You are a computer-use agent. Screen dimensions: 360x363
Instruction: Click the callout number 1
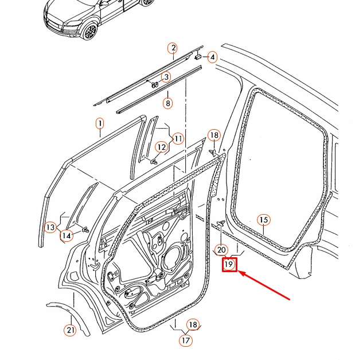(99, 123)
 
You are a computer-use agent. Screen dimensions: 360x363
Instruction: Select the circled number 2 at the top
(173, 48)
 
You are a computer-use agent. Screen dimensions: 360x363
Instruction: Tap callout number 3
(166, 77)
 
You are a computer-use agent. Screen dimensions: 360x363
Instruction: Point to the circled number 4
(212, 57)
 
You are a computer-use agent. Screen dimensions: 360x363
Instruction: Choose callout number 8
(167, 103)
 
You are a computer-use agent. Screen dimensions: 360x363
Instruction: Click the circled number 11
(178, 138)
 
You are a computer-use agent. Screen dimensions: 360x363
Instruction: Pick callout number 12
(162, 148)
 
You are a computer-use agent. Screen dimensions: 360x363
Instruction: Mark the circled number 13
(50, 227)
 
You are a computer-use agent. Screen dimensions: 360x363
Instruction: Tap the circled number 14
(67, 234)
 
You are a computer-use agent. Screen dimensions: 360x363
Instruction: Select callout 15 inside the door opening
(263, 220)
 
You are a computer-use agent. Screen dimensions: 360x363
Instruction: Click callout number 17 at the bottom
(185, 340)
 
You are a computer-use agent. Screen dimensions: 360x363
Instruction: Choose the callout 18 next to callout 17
(193, 325)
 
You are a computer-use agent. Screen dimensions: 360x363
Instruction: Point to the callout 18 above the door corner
(213, 135)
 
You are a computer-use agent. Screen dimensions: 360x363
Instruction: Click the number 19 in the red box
(229, 264)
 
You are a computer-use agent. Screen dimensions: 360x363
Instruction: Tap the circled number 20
(221, 250)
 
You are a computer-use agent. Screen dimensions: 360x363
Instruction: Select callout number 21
(69, 330)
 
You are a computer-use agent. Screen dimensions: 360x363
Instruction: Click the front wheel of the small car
(89, 31)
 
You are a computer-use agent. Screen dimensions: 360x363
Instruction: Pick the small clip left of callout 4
(198, 57)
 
